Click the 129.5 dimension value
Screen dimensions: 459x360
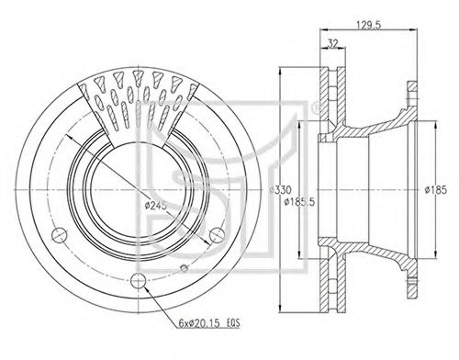pos(368,25)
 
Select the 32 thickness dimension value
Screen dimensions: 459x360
pos(332,44)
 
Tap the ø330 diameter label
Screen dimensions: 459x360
pos(280,190)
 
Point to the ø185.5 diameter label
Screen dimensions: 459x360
pos(299,202)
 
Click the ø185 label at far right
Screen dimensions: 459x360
pos(436,190)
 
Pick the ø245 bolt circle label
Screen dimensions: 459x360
pos(156,205)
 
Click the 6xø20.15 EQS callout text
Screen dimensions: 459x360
pos(209,323)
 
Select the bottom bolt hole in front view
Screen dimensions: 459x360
pos(139,280)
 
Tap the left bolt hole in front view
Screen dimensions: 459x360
pos(60,235)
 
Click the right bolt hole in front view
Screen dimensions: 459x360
pos(218,235)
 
